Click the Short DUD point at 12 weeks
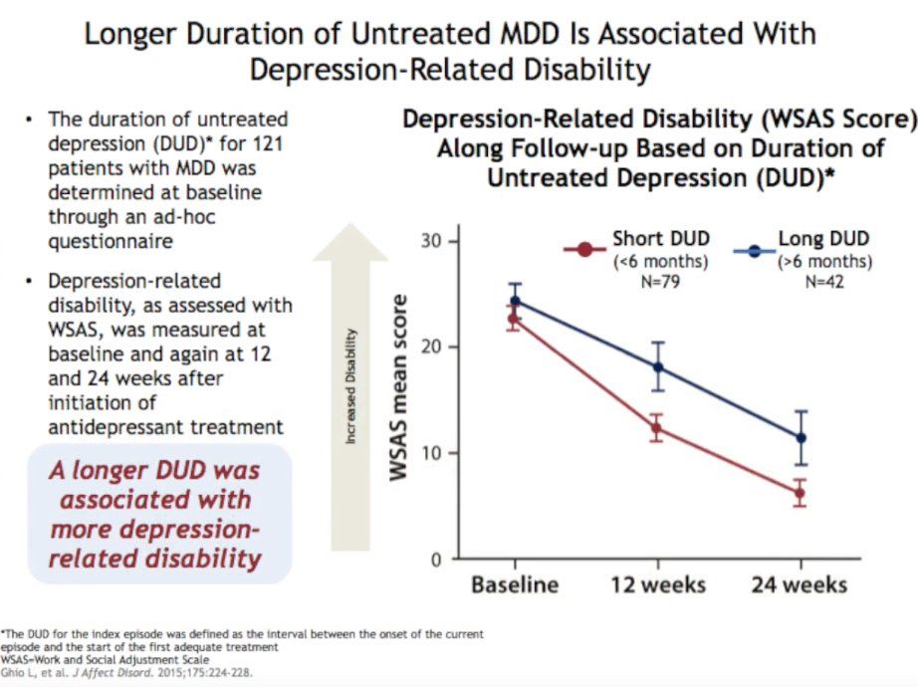coord(656,428)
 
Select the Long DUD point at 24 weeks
coord(800,438)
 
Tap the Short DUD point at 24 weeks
coord(800,493)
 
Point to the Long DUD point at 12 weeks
coord(657,367)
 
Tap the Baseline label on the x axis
coord(515,583)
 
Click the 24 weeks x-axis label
coord(800,583)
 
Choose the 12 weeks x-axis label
coord(657,583)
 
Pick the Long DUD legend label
coord(823,239)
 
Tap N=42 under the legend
coord(823,281)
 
